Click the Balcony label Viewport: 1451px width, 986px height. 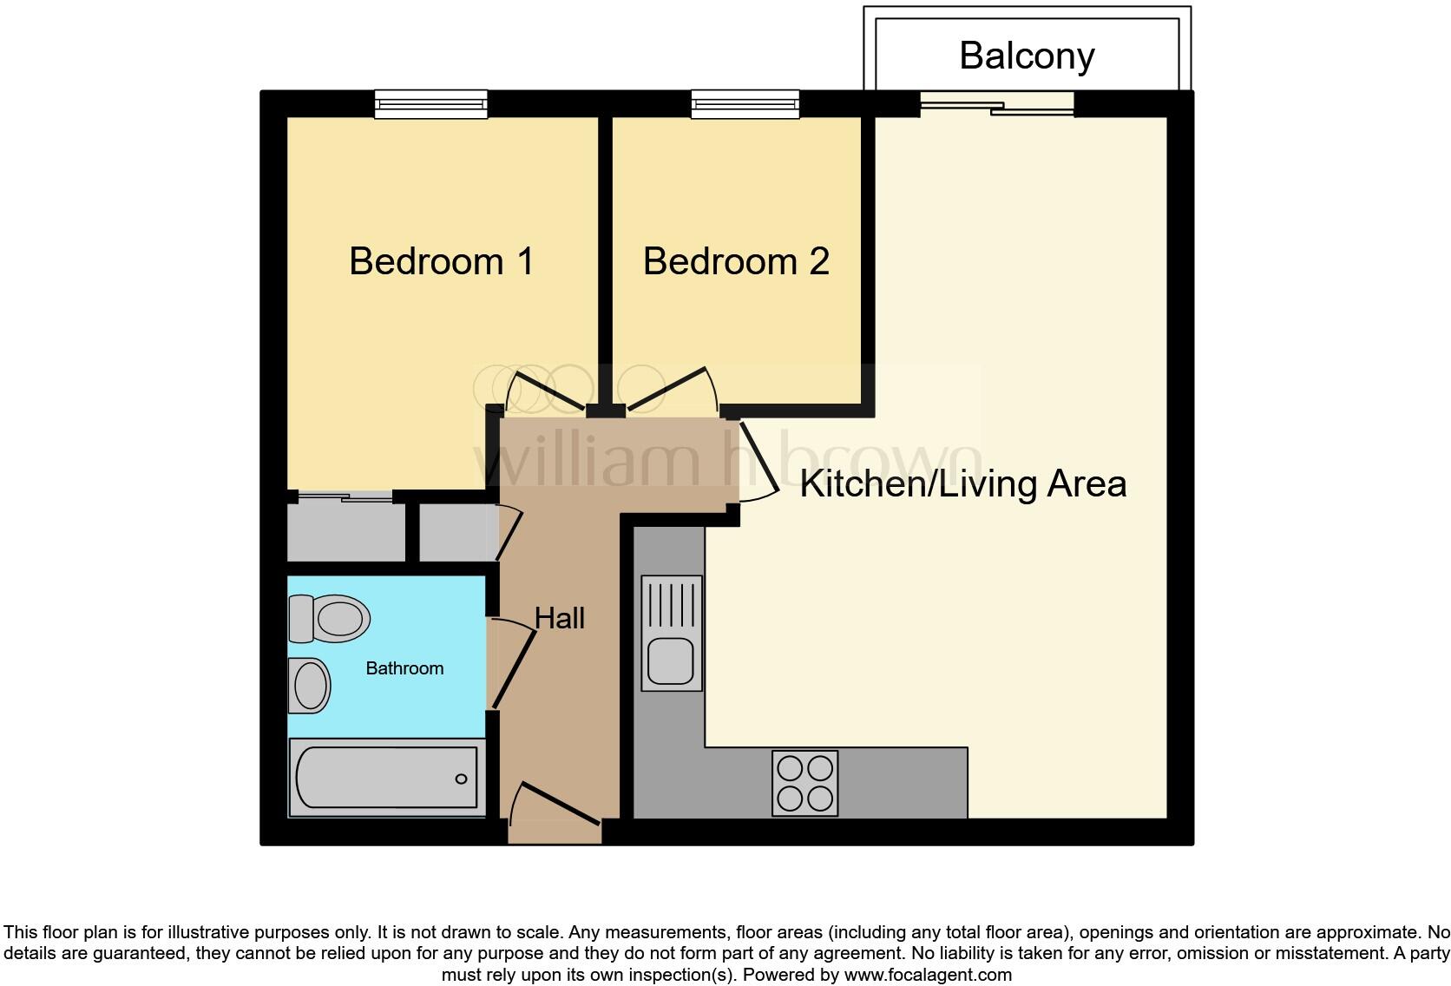1026,56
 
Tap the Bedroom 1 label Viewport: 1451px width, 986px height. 441,261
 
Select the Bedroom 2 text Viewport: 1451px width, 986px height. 736,261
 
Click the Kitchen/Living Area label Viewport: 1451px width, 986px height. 962,483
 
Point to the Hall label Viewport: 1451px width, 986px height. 559,618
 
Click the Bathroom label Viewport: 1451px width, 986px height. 404,668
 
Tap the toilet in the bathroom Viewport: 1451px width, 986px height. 328,618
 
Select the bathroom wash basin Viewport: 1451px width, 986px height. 309,685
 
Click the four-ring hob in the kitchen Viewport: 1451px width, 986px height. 805,783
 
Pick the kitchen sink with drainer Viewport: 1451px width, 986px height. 672,633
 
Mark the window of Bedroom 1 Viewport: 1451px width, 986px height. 430,105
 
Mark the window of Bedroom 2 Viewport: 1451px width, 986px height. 745,105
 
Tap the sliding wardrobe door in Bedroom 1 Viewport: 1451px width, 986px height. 345,497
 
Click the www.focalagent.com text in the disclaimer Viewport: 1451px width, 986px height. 928,975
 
